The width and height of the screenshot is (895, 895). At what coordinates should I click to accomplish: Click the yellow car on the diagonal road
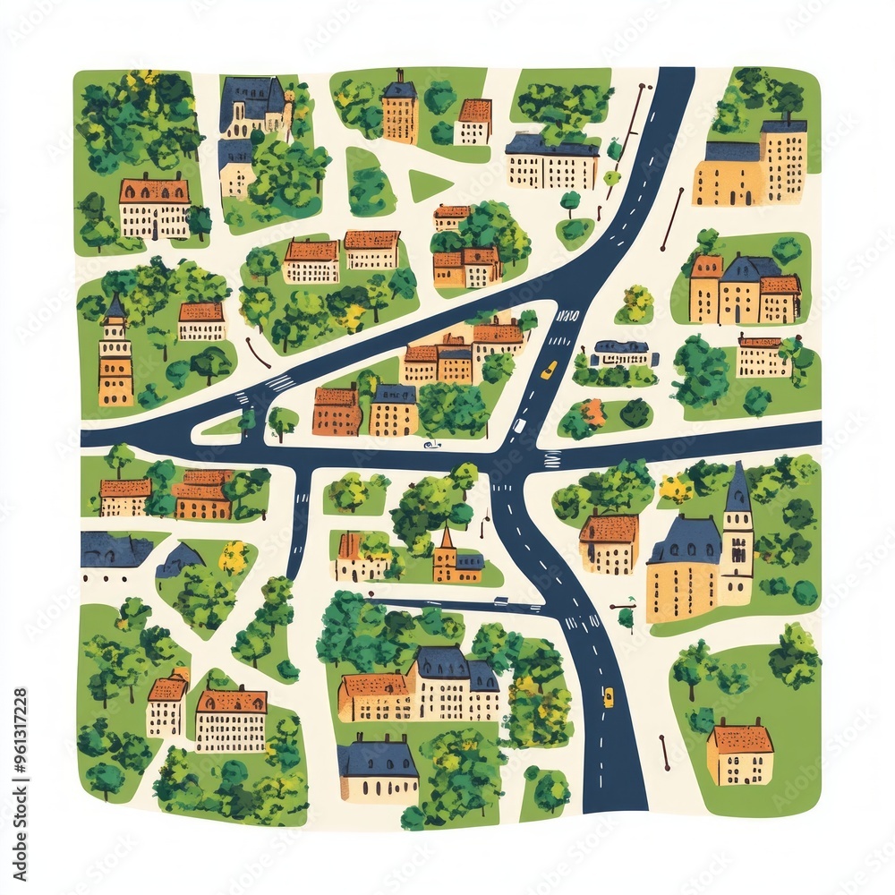coord(549,369)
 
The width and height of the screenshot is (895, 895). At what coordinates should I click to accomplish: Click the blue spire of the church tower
coord(737,489)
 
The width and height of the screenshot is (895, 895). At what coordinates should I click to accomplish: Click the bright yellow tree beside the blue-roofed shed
coord(234,558)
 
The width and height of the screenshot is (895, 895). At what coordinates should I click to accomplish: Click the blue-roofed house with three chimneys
coord(378,769)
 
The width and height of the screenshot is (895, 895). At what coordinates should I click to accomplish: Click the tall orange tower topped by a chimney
coord(399,108)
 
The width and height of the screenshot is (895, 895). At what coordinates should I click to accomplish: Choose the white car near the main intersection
coord(517,426)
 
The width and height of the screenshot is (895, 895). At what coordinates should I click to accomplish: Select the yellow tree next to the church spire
coord(676,489)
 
